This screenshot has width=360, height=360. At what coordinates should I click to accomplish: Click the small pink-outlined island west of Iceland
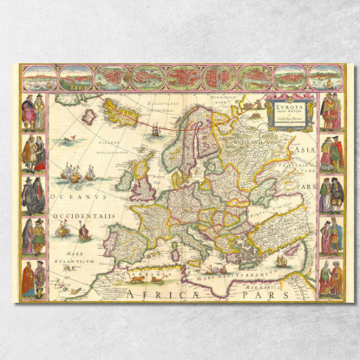(88, 112)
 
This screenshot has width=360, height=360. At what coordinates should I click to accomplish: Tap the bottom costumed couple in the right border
(331, 278)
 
